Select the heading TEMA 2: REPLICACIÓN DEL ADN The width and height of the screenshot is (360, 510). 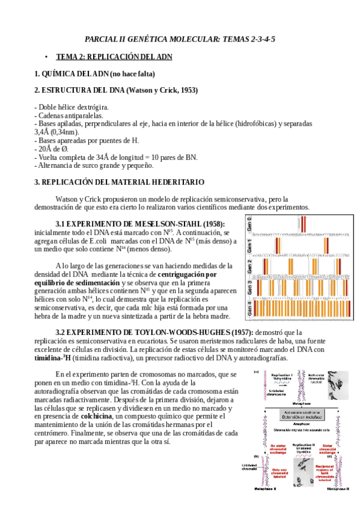pyautogui.click(x=114, y=57)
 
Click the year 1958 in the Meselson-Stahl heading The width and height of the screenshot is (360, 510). pyautogui.click(x=212, y=224)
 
